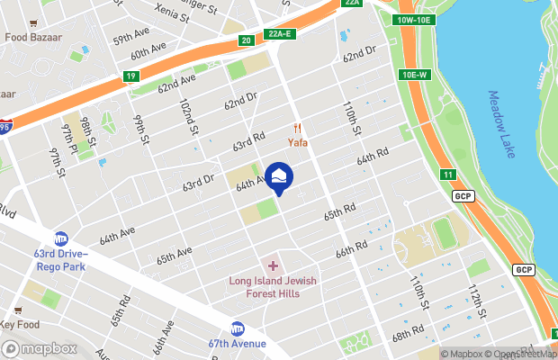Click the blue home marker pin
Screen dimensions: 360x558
pyautogui.click(x=279, y=177)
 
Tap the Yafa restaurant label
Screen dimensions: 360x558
pyautogui.click(x=299, y=141)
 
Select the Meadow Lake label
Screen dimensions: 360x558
pyautogui.click(x=502, y=124)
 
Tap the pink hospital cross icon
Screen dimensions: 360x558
pyautogui.click(x=273, y=266)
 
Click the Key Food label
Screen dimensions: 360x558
pyautogui.click(x=20, y=325)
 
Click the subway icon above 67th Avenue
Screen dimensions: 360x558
pyautogui.click(x=238, y=328)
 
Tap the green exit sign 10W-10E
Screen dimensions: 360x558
pyautogui.click(x=414, y=20)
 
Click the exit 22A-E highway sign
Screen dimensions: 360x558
pyautogui.click(x=282, y=34)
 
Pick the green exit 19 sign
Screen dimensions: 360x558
pyautogui.click(x=131, y=77)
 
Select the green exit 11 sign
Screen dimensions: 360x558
pyautogui.click(x=447, y=174)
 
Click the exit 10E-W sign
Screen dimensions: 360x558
pyautogui.click(x=418, y=75)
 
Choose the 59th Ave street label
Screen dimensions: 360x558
pyautogui.click(x=131, y=39)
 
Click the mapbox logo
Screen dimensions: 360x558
pyautogui.click(x=40, y=348)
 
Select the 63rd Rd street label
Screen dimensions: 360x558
pyautogui.click(x=248, y=141)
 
